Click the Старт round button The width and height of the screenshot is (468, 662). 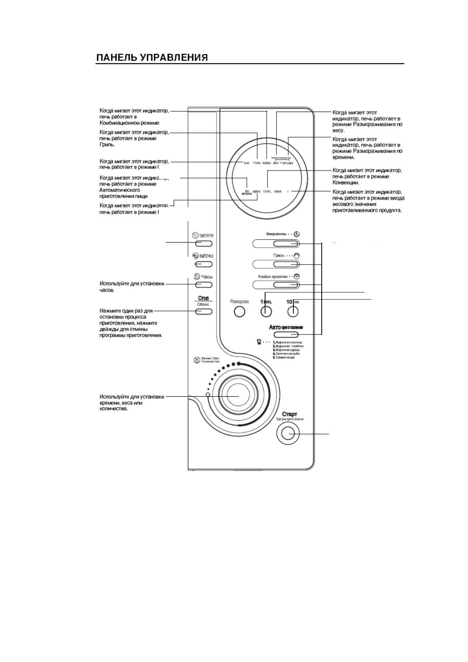click(288, 434)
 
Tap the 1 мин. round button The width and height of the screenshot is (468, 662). click(266, 312)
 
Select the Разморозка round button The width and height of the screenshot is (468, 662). click(239, 312)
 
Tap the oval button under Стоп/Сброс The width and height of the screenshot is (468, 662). click(203, 312)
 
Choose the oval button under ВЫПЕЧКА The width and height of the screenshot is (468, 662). click(203, 264)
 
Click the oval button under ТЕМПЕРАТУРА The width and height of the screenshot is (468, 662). click(203, 244)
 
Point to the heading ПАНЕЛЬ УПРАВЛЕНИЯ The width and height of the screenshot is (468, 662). click(152, 58)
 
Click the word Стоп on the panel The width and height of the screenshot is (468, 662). click(203, 298)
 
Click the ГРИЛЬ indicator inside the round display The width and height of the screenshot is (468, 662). click(256, 163)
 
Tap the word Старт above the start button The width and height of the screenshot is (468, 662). click(289, 414)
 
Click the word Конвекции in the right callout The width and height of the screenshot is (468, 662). click(346, 183)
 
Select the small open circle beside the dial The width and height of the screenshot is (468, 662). click(207, 394)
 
